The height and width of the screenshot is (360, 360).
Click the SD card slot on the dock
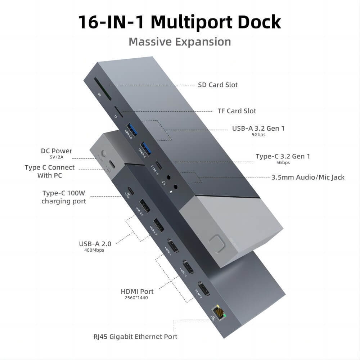103,89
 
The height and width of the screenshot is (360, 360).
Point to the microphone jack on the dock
176,186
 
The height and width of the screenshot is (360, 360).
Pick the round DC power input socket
104,153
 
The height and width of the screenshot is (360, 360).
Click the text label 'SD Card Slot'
218,85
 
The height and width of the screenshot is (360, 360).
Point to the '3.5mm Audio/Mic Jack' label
308,177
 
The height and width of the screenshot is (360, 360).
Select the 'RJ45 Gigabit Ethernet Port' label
135,337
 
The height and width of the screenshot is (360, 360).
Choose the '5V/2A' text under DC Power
56,157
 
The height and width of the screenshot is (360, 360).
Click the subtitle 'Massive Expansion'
180,42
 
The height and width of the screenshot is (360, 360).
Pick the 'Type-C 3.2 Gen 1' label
283,156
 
